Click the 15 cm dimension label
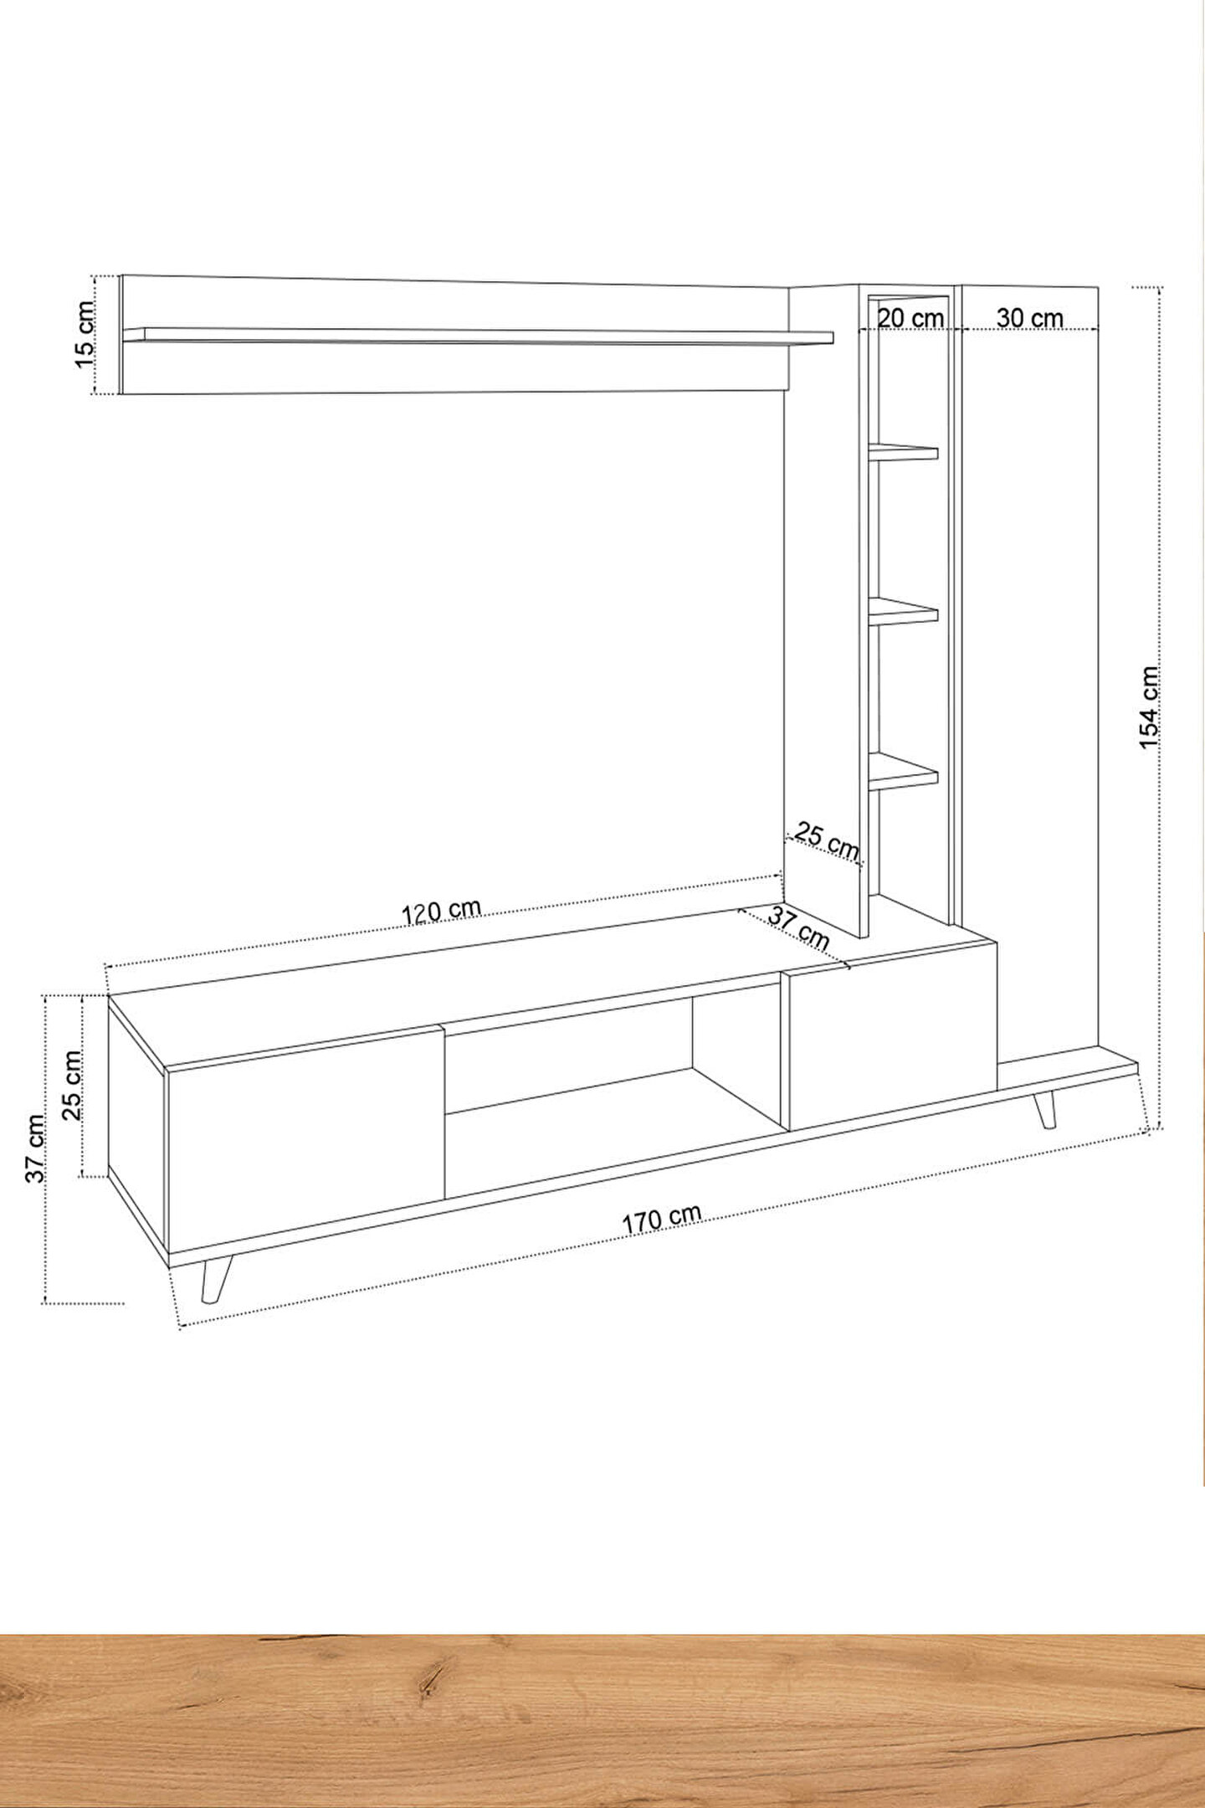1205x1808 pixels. click(x=85, y=333)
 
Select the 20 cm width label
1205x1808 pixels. click(x=910, y=318)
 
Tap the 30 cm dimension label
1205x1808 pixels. click(x=1030, y=318)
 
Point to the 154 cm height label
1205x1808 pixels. click(x=1150, y=707)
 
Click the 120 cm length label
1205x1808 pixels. click(x=442, y=911)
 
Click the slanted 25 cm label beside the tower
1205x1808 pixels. click(x=827, y=841)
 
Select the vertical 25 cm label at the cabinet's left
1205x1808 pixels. click(x=72, y=1086)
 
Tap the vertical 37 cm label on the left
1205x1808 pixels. click(x=35, y=1148)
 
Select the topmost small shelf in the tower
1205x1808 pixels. click(x=903, y=452)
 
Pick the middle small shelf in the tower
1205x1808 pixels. click(x=903, y=613)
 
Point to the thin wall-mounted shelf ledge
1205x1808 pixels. click(x=478, y=336)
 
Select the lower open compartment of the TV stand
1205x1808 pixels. click(x=615, y=1134)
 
